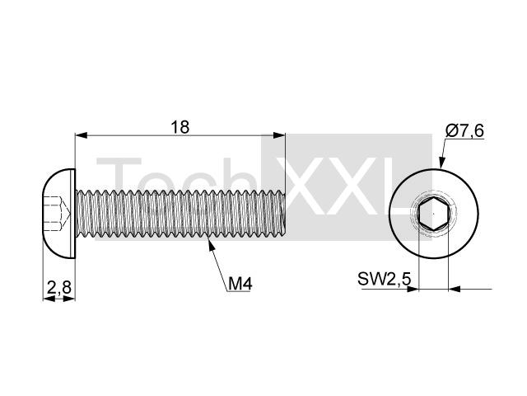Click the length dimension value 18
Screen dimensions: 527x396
pyautogui.click(x=180, y=127)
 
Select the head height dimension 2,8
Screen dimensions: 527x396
pyautogui.click(x=59, y=288)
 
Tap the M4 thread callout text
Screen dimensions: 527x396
pyautogui.click(x=240, y=284)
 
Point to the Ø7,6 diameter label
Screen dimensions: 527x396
pyautogui.click(x=464, y=131)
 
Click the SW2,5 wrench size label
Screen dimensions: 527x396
pyautogui.click(x=385, y=279)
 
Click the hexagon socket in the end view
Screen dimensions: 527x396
pyautogui.click(x=434, y=214)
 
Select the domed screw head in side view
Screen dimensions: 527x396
pyautogui.click(x=59, y=214)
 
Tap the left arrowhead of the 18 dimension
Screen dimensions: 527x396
pyautogui.click(x=82, y=135)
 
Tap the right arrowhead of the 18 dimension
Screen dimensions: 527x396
pyautogui.click(x=279, y=135)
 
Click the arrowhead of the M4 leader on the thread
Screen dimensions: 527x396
pyautogui.click(x=211, y=244)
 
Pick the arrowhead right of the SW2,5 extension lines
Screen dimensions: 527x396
pyautogui.click(x=455, y=289)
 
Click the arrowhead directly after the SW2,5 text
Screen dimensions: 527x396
pyautogui.click(x=413, y=289)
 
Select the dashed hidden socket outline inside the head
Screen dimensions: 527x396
pyautogui.click(x=57, y=214)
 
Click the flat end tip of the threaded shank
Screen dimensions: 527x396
pyautogui.click(x=284, y=214)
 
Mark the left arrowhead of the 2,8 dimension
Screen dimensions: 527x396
pyautogui.click(x=49, y=299)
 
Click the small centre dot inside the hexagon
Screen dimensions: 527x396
pyautogui.click(x=434, y=214)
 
